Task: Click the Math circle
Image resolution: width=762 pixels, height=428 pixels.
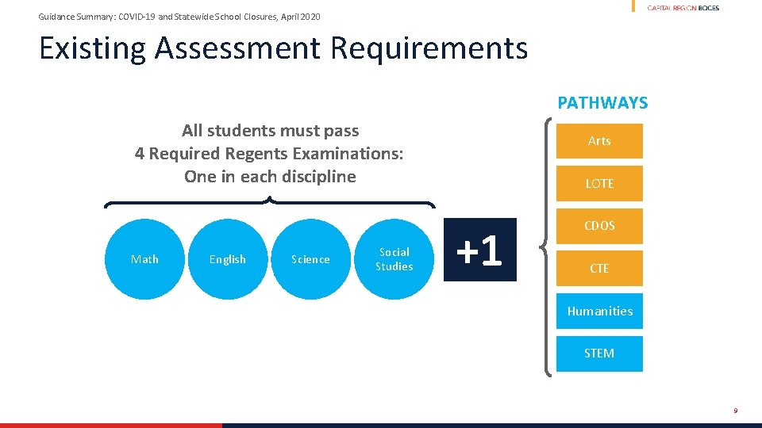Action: [144, 259]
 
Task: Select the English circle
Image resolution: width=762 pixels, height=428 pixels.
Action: [228, 259]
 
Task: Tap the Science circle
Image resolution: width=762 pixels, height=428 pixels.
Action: [310, 259]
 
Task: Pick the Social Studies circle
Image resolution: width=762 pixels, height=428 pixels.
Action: [394, 259]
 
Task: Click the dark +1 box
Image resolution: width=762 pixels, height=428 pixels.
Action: [480, 250]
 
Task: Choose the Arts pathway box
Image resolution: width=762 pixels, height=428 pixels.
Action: [599, 141]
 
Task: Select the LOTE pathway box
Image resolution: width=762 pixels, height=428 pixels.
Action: [599, 183]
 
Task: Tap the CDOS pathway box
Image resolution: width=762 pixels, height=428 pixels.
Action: [599, 226]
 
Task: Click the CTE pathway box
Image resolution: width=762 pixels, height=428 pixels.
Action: [599, 269]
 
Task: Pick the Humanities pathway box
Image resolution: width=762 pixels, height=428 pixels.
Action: [599, 311]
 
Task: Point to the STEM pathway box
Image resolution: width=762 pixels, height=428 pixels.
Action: [599, 353]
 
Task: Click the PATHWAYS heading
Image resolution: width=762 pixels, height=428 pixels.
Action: [602, 103]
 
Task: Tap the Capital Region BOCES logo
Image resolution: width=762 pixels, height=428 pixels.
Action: [683, 8]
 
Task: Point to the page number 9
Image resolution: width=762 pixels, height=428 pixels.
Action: [736, 411]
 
